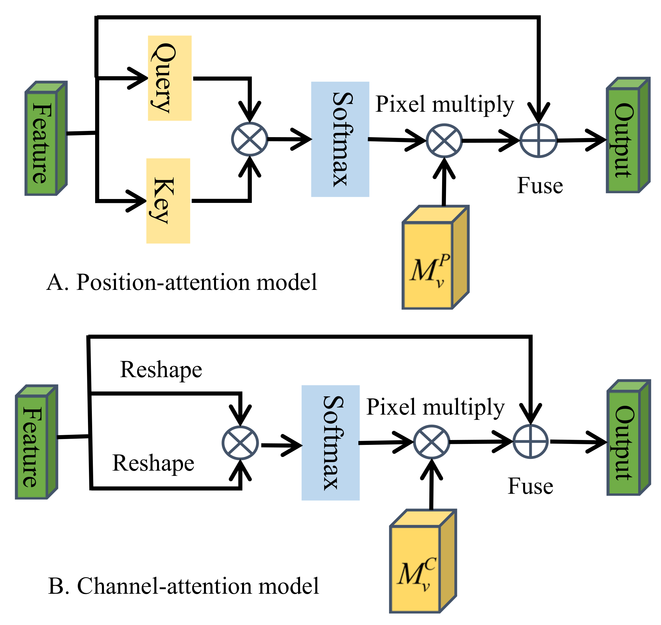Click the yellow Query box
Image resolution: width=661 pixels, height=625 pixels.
[x=170, y=78]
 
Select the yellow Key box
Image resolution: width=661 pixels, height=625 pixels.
[x=168, y=201]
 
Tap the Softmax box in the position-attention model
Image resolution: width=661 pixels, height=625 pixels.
[x=340, y=139]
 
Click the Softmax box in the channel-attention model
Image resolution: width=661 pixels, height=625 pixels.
[x=330, y=443]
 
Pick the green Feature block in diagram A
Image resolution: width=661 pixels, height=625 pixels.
[x=46, y=138]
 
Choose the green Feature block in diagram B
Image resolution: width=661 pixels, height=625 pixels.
[x=36, y=442]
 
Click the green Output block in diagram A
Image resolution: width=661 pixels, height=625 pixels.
[x=628, y=135]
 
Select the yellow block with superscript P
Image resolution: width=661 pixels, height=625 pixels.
[x=436, y=258]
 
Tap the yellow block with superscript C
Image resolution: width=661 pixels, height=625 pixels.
[x=423, y=561]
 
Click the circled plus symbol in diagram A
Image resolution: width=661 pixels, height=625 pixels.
[x=539, y=140]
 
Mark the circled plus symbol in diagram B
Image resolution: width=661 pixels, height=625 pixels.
[x=530, y=441]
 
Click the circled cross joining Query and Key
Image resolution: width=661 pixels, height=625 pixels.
[x=250, y=139]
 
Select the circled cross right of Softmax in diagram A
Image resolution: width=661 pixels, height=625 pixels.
[x=444, y=141]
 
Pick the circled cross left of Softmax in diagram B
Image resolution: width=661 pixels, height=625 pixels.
[x=240, y=443]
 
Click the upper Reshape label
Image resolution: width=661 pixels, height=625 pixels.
[x=161, y=370]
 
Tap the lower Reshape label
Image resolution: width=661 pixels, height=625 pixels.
[x=153, y=463]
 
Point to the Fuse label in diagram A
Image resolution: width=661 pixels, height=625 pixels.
[x=540, y=185]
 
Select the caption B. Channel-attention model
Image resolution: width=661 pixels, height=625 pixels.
[x=183, y=586]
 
